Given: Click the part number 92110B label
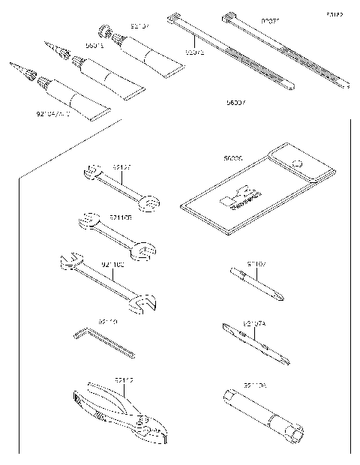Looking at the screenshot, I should click(120, 217).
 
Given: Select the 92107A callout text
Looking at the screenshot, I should click(254, 323).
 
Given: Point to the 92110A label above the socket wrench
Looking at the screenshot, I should click(254, 385).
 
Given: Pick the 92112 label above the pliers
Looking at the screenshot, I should click(124, 380).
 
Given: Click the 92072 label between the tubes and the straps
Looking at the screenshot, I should click(194, 52).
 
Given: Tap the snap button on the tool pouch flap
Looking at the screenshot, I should click(298, 164).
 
